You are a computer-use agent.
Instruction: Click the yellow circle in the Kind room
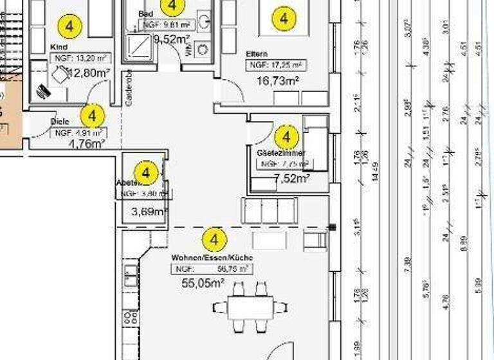(x=70, y=26)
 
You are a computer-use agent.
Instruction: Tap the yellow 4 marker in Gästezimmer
(x=286, y=136)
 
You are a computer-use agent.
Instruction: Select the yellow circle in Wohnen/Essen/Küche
(x=214, y=240)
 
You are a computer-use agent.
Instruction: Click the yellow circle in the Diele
(x=93, y=116)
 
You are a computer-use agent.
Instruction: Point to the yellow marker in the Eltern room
(x=282, y=18)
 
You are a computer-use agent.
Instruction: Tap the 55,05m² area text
(x=202, y=282)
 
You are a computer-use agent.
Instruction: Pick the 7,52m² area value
(x=292, y=178)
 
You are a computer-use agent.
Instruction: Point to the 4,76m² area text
(x=86, y=145)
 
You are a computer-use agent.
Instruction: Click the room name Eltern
(x=257, y=54)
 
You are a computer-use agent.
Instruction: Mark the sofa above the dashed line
(x=269, y=210)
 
